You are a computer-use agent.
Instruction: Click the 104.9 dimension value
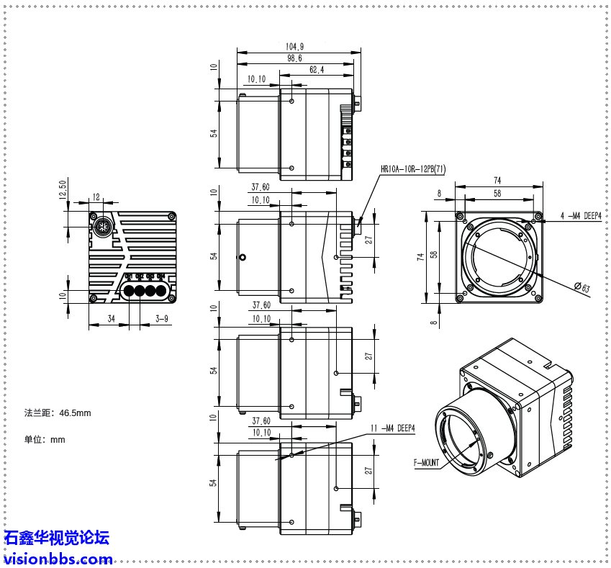[x=294, y=47]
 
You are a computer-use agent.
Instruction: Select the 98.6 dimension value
[x=294, y=58]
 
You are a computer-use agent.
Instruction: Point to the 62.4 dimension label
[x=317, y=70]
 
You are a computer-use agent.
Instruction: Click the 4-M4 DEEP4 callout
[x=580, y=215]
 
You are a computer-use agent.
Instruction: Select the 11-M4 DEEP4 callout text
[x=393, y=428]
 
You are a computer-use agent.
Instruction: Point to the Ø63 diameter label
[x=581, y=288]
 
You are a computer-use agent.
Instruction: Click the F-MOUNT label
[x=426, y=464]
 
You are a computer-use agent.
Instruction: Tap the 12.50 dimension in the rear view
[x=62, y=190]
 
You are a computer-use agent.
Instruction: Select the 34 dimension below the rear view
[x=111, y=317]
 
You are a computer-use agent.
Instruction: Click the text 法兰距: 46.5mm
[x=58, y=413]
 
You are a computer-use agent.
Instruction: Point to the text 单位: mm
[x=45, y=439]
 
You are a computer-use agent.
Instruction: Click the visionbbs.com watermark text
[x=58, y=559]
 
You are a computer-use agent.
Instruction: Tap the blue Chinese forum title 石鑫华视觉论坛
[x=57, y=538]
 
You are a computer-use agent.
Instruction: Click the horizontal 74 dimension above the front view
[x=497, y=180]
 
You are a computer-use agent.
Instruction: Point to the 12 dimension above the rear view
[x=96, y=197]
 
